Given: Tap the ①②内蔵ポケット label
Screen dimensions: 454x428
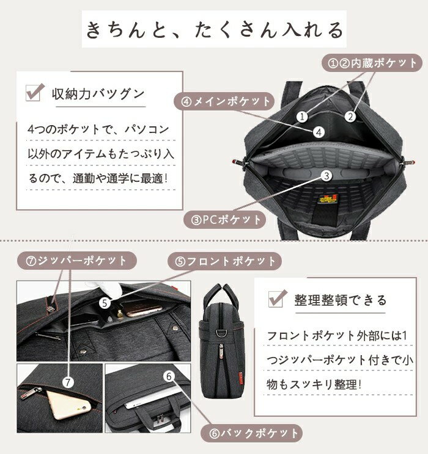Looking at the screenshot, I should click(x=373, y=63).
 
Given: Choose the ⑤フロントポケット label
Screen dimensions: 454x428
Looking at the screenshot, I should click(x=225, y=261).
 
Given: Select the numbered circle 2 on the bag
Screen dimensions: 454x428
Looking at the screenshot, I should click(x=350, y=115).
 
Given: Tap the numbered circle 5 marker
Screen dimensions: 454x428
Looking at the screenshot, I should click(x=105, y=301).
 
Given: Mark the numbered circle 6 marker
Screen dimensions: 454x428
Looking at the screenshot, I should click(x=169, y=377).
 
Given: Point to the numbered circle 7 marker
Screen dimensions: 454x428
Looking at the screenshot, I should click(x=68, y=382).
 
